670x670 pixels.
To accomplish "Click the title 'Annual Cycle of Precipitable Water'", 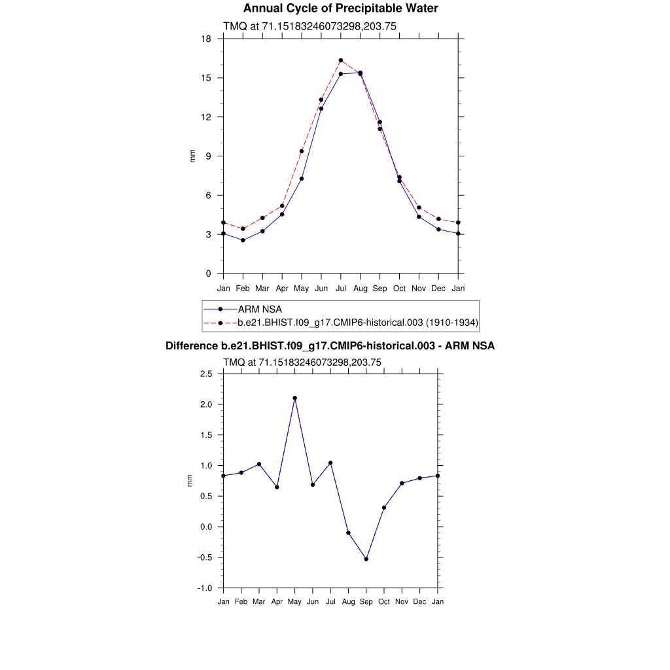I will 340,9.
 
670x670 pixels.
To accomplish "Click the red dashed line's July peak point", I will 341,60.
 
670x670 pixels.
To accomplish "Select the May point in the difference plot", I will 295,398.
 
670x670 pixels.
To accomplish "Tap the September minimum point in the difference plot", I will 366,559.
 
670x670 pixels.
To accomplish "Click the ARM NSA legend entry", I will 259,309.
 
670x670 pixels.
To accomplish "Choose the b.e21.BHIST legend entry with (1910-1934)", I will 358,323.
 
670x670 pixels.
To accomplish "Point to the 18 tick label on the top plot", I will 206,39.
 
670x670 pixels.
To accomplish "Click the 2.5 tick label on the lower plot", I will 206,374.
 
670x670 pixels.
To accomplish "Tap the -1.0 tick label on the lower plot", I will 205,588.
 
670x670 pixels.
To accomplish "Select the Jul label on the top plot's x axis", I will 341,289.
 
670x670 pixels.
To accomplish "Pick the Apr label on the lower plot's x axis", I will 277,601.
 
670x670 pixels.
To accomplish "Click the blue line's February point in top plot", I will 243,240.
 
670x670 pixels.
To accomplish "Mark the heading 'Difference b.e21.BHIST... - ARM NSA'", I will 330,345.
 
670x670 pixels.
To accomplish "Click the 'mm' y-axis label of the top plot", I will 192,156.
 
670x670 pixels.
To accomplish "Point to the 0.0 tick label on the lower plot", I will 206,527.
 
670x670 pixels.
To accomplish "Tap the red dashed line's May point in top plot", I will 302,151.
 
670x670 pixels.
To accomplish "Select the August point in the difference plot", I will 349,533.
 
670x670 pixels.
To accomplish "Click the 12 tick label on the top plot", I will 206,117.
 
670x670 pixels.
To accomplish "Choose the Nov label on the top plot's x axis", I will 419,289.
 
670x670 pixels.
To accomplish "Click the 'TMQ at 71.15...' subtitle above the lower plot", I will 302,362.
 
